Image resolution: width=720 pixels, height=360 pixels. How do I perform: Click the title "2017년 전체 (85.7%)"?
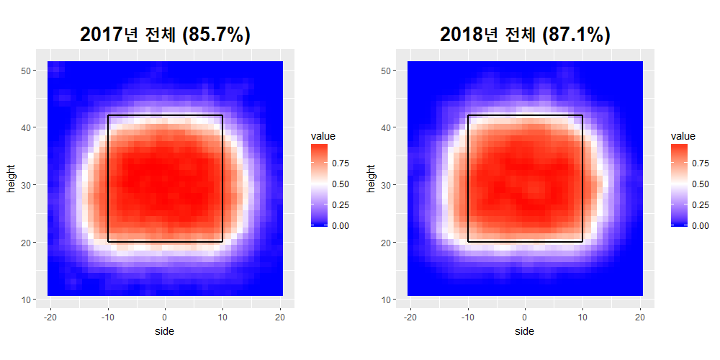click(x=165, y=35)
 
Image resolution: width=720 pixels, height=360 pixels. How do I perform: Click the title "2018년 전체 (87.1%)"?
click(x=525, y=35)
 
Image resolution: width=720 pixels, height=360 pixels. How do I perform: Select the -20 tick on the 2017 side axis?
click(x=50, y=317)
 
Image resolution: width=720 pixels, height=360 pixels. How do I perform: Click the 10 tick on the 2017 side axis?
click(x=222, y=317)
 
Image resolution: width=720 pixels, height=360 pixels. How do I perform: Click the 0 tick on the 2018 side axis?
click(x=525, y=317)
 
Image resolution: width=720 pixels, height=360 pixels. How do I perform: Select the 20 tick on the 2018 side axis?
click(x=640, y=317)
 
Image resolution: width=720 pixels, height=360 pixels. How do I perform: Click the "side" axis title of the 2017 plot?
click(x=165, y=331)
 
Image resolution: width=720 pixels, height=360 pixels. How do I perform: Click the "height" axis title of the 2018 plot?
click(x=372, y=179)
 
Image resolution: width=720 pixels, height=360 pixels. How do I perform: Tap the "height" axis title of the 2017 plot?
click(x=12, y=179)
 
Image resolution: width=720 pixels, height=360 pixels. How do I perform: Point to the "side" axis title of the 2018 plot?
click(x=525, y=331)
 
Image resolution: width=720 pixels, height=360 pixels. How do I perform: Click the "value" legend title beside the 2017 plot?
click(x=323, y=135)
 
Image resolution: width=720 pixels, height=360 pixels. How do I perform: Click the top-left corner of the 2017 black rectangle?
click(x=108, y=115)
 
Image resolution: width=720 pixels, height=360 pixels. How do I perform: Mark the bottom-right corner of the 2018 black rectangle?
click(x=582, y=241)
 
